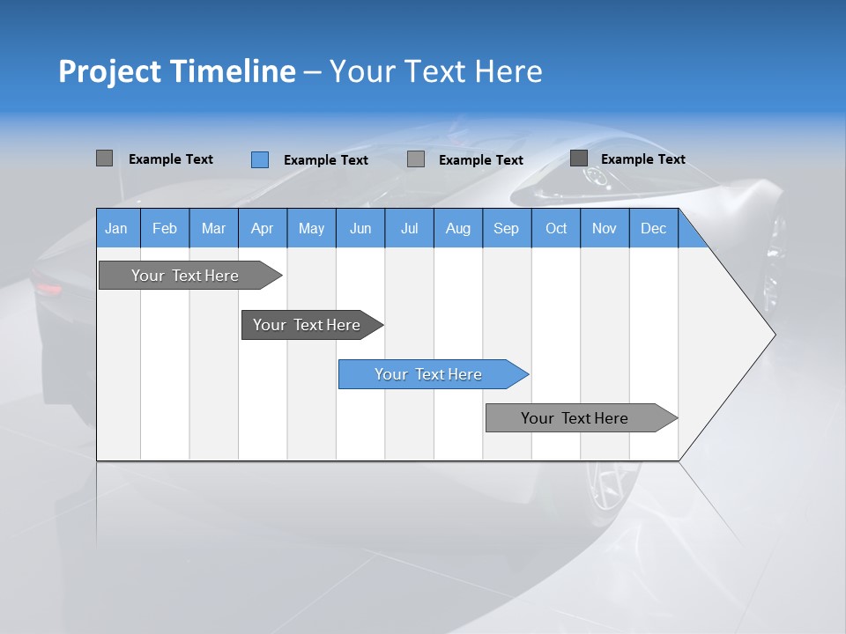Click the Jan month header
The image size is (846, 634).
tap(117, 228)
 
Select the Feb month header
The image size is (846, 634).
tap(165, 228)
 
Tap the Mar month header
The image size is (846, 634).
tap(213, 228)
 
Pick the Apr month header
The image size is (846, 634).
tap(263, 228)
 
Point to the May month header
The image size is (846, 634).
tap(311, 228)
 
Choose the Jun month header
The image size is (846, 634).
tap(360, 228)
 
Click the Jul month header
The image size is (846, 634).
tap(409, 228)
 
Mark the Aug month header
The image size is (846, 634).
tap(458, 228)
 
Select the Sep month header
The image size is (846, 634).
tap(507, 228)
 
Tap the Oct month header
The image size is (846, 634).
tap(556, 228)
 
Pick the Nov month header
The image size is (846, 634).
tap(605, 228)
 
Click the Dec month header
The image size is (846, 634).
tap(654, 228)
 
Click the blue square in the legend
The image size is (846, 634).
tap(260, 159)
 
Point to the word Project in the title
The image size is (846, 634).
tap(110, 71)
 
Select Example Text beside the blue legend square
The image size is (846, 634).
tap(326, 160)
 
